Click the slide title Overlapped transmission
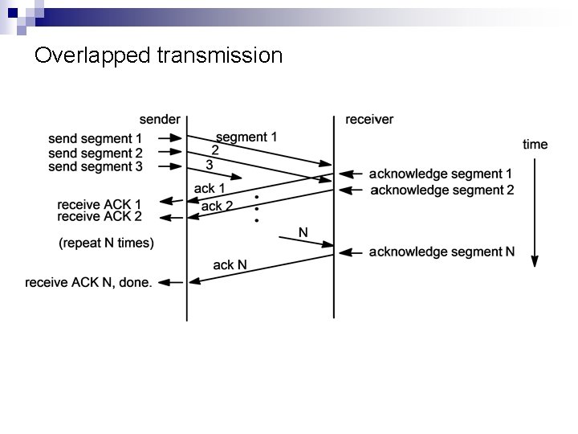coord(159,55)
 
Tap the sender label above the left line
coord(159,120)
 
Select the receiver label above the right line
coord(369,120)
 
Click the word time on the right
coord(535,145)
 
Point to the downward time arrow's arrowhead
coord(535,260)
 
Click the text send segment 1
coord(95,138)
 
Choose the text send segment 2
coord(95,153)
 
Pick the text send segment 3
coord(95,166)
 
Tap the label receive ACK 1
coord(100,203)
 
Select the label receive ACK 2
coord(100,216)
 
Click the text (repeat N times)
coord(107,242)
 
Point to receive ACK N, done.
coord(88,282)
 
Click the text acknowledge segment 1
coord(441,174)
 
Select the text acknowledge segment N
coord(442,252)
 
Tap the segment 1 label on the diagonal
coord(246,137)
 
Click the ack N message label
coord(230,264)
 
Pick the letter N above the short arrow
coord(303,232)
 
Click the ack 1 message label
coord(210,189)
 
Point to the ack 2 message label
coord(217,206)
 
